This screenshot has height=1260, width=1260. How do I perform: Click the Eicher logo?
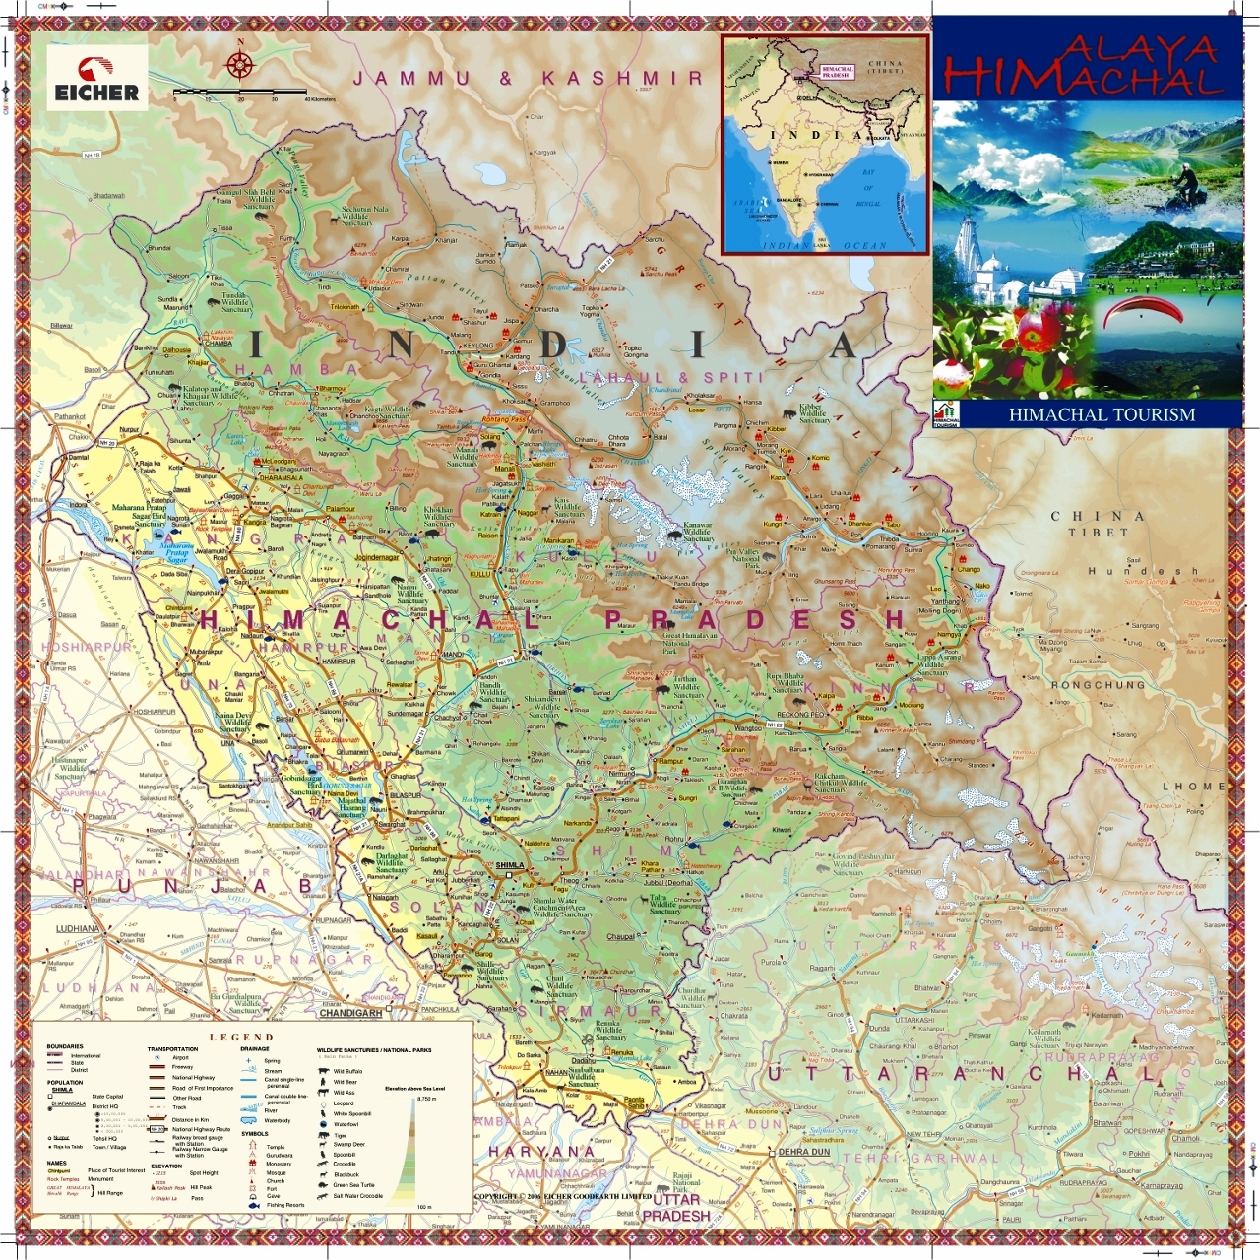(x=96, y=80)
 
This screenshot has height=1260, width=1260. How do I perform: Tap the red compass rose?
(x=239, y=65)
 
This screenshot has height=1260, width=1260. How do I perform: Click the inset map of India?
(x=825, y=145)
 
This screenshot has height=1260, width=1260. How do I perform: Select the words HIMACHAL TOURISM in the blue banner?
(x=1102, y=415)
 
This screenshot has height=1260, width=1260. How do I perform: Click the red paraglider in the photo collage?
(x=1142, y=313)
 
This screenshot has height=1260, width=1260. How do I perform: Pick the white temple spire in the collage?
(x=971, y=246)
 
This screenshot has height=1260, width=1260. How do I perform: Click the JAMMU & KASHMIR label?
(x=528, y=79)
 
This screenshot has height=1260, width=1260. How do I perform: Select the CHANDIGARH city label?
(x=350, y=1013)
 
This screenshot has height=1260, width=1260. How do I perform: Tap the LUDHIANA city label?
(x=77, y=928)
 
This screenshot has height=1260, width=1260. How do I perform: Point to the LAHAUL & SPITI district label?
(x=671, y=377)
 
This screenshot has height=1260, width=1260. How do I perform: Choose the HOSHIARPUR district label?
(x=86, y=647)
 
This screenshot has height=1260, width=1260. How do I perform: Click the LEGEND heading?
(x=241, y=1037)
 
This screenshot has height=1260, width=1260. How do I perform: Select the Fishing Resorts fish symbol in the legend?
(x=253, y=1205)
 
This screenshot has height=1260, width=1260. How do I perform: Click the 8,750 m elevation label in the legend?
(x=426, y=1099)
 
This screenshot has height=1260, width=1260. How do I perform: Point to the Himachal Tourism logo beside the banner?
(x=945, y=415)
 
